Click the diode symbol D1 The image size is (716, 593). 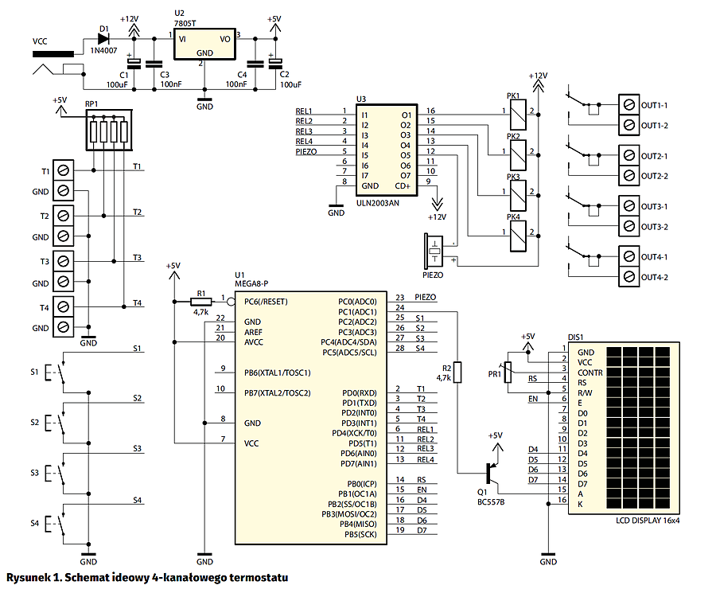coord(103,39)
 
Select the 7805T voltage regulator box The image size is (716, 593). coord(204,45)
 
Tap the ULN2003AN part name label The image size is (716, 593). coord(377,203)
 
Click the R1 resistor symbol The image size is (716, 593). coord(201,302)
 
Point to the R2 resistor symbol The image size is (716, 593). coord(457,372)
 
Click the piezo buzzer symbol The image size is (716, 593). coord(434,252)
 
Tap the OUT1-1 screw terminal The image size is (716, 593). coord(628,105)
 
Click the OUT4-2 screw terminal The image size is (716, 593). coord(628,277)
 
